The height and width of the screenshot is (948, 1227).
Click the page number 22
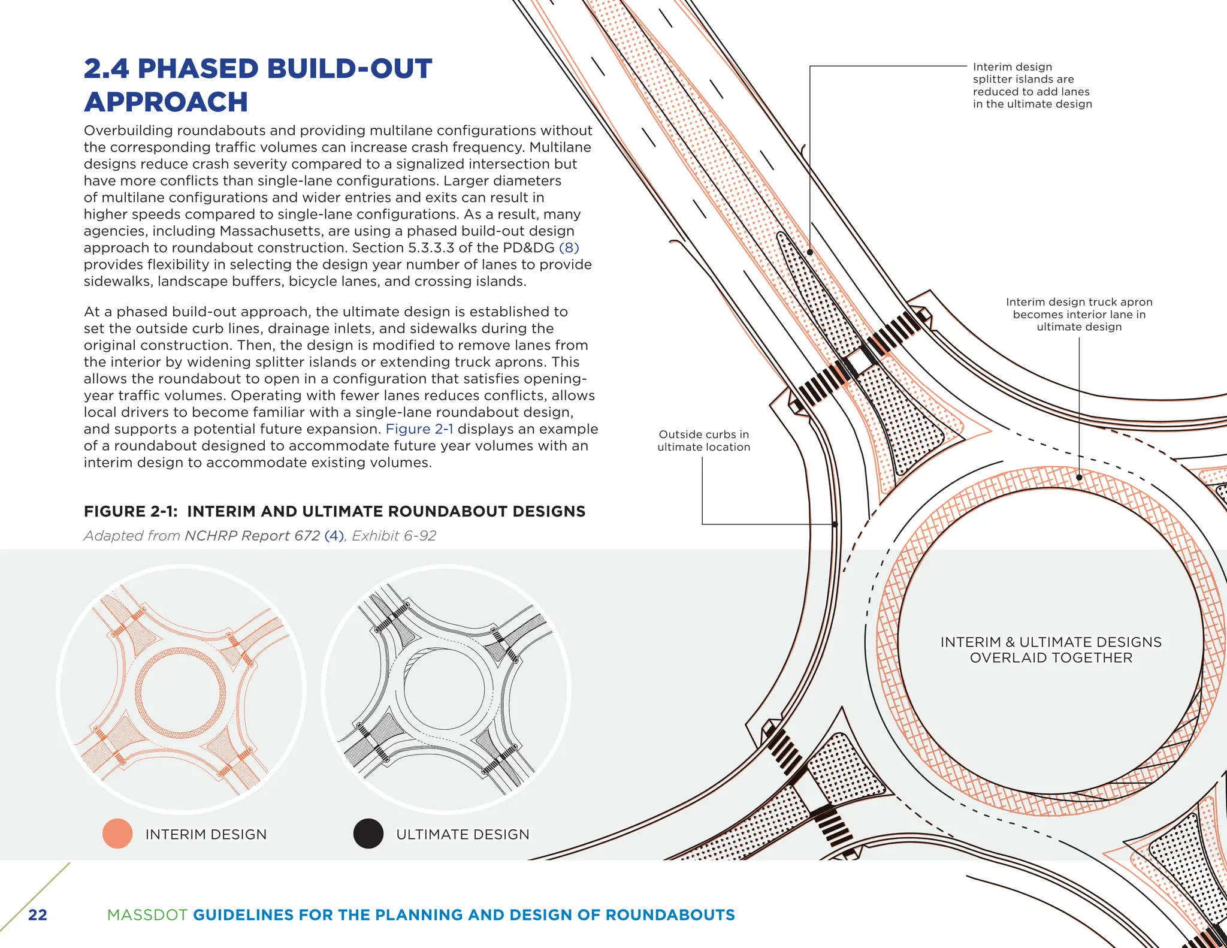click(x=38, y=914)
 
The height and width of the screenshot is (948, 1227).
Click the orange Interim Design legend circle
click(x=117, y=834)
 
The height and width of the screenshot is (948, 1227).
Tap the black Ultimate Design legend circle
click(x=368, y=834)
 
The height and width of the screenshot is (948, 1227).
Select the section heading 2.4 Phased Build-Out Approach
click(x=258, y=85)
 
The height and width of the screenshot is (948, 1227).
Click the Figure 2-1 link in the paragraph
click(x=419, y=429)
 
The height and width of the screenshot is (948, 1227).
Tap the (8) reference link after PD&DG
click(x=569, y=247)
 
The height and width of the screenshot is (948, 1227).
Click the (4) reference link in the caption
click(x=334, y=536)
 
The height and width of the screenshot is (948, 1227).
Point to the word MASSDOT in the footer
click(x=146, y=915)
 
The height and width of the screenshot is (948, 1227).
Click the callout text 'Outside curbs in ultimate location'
click(x=703, y=440)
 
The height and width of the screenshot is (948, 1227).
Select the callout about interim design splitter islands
click(x=1032, y=85)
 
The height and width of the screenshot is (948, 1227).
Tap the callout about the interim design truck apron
click(x=1079, y=315)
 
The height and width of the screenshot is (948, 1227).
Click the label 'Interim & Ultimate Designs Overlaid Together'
click(x=1051, y=650)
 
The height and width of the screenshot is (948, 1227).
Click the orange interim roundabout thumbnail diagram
click(x=181, y=689)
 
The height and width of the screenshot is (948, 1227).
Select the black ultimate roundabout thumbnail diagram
click(x=446, y=689)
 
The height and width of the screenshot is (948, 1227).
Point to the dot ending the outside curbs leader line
click(x=835, y=524)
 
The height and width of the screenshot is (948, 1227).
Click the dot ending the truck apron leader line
click(x=1079, y=478)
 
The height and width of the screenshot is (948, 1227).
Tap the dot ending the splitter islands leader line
click(x=810, y=252)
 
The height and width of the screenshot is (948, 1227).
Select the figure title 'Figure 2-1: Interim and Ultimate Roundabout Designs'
click(x=334, y=511)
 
